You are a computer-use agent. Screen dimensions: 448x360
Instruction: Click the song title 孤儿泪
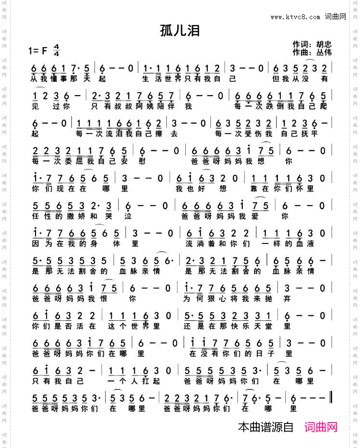tap(180, 31)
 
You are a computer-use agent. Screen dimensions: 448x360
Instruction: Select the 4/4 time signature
tap(57, 49)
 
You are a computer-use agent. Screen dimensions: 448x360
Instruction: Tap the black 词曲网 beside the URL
tap(336, 17)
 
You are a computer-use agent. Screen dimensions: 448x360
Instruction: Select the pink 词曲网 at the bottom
tap(321, 427)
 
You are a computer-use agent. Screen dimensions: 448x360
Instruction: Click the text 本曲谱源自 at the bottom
tap(265, 427)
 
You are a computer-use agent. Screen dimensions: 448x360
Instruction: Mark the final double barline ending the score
tap(332, 398)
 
